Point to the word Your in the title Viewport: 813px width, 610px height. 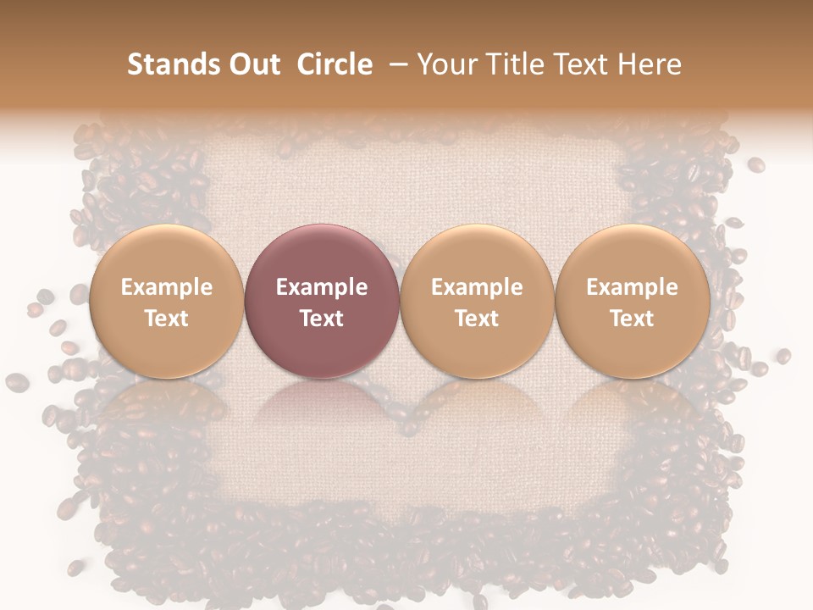click(x=446, y=64)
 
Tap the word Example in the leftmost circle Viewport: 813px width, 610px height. click(x=166, y=287)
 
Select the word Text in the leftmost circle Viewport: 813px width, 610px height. click(x=166, y=319)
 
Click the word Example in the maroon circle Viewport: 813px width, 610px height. click(x=322, y=287)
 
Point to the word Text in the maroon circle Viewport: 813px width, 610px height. click(x=322, y=319)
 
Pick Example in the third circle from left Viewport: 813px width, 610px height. click(x=477, y=287)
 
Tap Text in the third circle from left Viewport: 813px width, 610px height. click(x=477, y=319)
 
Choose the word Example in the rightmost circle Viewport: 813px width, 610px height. click(x=632, y=287)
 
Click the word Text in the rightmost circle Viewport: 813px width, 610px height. click(x=632, y=319)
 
